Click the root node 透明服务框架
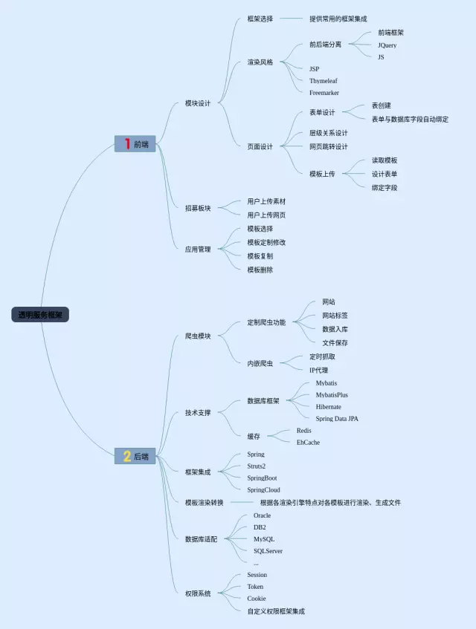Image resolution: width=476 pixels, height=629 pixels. pos(40,315)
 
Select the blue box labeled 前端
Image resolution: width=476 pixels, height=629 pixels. pos(135,144)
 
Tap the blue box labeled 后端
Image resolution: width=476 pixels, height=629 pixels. pos(135,456)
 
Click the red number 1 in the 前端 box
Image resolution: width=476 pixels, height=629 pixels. pos(127,144)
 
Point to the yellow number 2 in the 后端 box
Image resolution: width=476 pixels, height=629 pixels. pos(127,456)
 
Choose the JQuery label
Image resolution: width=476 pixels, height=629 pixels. pos(387,45)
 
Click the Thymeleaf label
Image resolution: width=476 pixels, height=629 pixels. pos(324,81)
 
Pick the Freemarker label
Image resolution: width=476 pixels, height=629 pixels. pos(324,93)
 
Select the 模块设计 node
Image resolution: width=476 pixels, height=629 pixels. pos(198,103)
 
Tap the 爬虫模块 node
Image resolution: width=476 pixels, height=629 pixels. pos(198,336)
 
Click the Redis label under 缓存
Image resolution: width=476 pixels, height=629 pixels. pos(303,431)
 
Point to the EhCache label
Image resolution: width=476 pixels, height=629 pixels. pos(308,443)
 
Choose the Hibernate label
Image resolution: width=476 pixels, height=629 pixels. pos(328,407)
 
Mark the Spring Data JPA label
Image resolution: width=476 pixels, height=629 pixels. pos(337,419)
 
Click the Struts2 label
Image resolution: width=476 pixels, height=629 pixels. pos(256,466)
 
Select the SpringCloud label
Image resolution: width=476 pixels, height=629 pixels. pos(263,490)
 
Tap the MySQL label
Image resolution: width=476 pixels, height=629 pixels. pos(263,539)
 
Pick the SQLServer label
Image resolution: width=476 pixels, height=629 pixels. pos(268,551)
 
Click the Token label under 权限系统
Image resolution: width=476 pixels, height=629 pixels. pos(255,587)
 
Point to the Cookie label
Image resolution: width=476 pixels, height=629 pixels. pos(257,599)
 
